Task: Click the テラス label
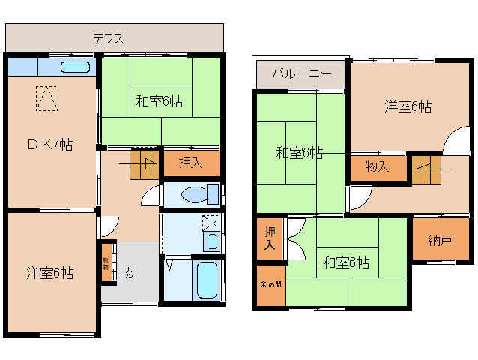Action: [x=109, y=39]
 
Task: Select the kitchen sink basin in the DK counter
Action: [x=74, y=67]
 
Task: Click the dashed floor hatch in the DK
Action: [x=46, y=98]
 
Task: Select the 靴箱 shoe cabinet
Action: [x=106, y=262]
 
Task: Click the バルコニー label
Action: [x=300, y=73]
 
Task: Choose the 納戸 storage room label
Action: [x=440, y=241]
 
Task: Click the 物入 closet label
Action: [x=377, y=166]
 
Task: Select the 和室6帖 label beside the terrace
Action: [x=160, y=100]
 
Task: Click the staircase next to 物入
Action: [x=426, y=169]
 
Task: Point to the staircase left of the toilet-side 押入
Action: [x=143, y=163]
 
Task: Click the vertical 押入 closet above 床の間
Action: [x=269, y=239]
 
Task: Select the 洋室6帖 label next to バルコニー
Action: [x=408, y=106]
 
